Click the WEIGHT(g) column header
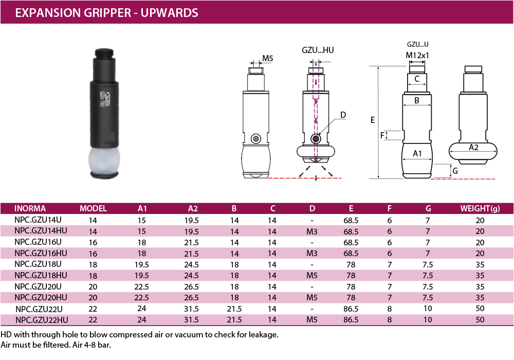(480, 208)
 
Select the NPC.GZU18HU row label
(41, 276)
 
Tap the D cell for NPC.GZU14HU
(312, 231)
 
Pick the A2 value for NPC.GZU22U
(191, 309)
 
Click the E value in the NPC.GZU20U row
(351, 286)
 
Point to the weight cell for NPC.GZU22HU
(480, 320)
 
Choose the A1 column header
(142, 208)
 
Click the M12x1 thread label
(417, 55)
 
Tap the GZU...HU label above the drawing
(318, 50)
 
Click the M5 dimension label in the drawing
(267, 58)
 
